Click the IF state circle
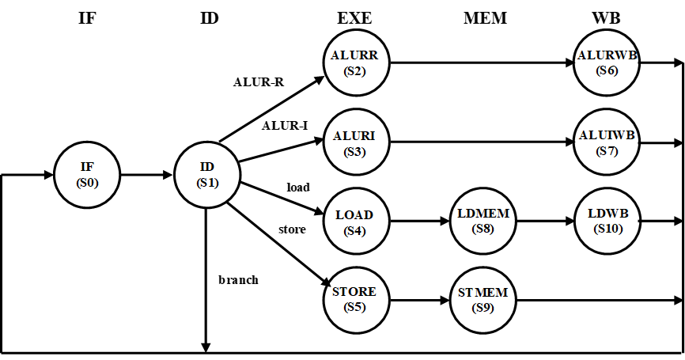click(87, 175)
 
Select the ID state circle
click(206, 175)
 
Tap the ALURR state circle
click(356, 63)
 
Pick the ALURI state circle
click(356, 143)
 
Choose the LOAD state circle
click(356, 222)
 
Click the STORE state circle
click(356, 299)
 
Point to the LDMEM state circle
click(483, 222)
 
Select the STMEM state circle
click(483, 300)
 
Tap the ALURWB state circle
click(607, 63)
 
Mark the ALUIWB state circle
click(607, 143)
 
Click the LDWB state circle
click(607, 222)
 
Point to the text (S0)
click(87, 183)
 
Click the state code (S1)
click(207, 183)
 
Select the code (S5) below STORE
click(355, 307)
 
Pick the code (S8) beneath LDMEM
click(483, 229)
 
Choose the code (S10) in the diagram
click(608, 229)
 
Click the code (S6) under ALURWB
click(607, 70)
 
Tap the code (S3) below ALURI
click(355, 151)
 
